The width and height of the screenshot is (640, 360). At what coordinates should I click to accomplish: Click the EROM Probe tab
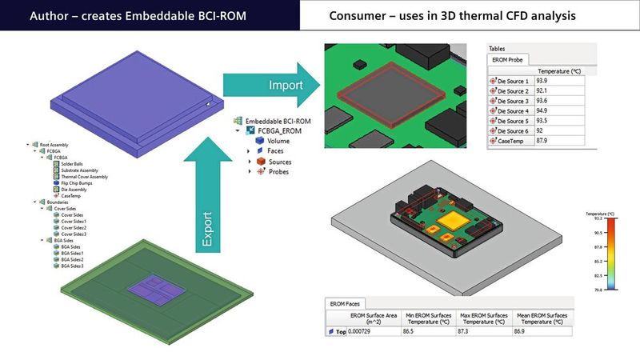tap(509, 58)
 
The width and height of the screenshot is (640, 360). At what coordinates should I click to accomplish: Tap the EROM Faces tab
tap(346, 303)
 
